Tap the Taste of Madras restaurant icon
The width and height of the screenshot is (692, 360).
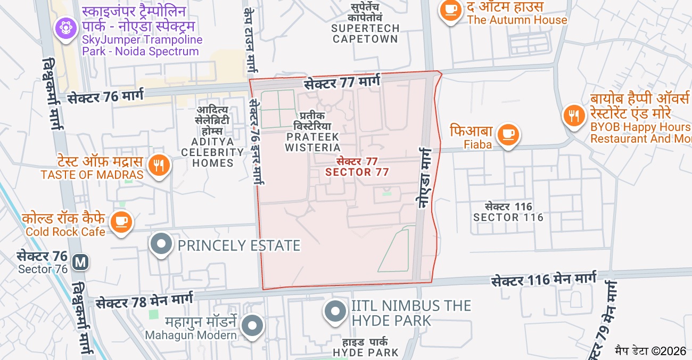[159, 165]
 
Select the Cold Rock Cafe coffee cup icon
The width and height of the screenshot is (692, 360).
[121, 220]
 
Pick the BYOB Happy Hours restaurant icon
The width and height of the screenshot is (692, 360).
[574, 116]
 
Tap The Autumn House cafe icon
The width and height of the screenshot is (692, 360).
[450, 11]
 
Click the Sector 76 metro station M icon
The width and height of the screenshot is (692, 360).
[81, 262]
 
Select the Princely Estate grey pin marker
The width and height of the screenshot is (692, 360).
[161, 245]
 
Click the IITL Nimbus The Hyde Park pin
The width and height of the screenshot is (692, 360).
[335, 311]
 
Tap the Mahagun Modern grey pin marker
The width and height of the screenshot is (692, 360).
[252, 325]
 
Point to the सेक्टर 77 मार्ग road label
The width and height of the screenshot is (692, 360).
[343, 83]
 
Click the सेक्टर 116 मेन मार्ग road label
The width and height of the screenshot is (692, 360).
[544, 280]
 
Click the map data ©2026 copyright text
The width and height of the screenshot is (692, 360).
[650, 350]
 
